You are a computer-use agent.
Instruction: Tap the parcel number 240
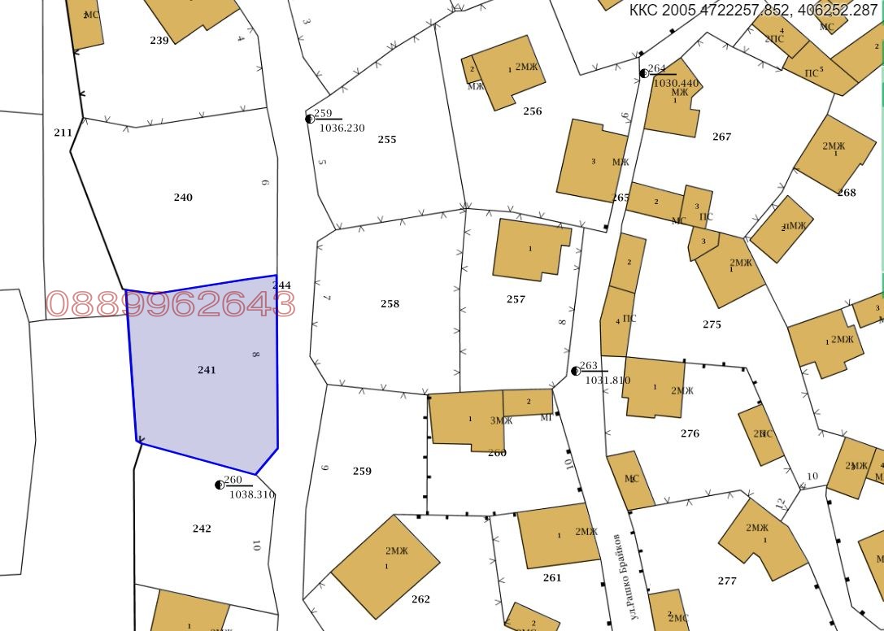(183, 198)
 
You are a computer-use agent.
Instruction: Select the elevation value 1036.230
(342, 128)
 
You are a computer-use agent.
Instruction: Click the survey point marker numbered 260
(220, 485)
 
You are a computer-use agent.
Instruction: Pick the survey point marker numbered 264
(644, 73)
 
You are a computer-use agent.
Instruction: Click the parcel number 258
(390, 304)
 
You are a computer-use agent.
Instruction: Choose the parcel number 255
(387, 140)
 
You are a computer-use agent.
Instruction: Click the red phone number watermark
(171, 304)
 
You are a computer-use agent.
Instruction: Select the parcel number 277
(727, 581)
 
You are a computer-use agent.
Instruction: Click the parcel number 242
(202, 529)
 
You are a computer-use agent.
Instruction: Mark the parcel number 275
(712, 324)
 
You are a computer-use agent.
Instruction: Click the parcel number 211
(63, 133)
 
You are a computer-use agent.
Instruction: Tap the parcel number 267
(721, 137)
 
